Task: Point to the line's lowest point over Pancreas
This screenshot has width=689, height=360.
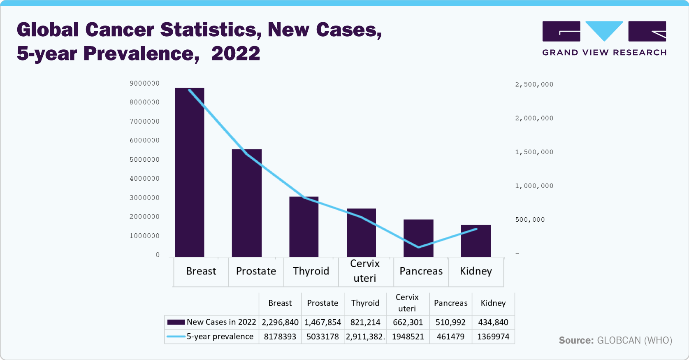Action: click(419, 247)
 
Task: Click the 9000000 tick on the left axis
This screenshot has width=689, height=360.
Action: click(144, 84)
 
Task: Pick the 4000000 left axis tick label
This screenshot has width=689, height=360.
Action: click(144, 179)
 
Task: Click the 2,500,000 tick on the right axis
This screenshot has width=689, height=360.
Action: click(534, 84)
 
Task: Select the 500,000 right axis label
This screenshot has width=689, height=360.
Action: click(530, 220)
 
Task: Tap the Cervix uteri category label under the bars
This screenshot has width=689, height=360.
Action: click(365, 271)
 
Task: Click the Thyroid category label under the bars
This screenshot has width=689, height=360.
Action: click(311, 271)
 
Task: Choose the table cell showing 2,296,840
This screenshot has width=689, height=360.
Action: click(280, 322)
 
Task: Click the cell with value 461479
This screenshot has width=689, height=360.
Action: click(450, 337)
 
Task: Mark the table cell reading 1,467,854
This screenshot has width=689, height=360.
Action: click(322, 322)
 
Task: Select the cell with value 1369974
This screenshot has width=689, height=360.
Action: click(493, 337)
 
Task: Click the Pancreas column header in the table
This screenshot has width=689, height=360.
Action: click(450, 303)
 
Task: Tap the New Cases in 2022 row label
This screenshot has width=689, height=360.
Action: click(221, 322)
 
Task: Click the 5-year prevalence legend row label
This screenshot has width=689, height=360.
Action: click(220, 337)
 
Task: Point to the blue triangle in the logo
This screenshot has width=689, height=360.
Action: click(604, 30)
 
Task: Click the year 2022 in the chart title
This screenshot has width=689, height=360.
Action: click(236, 53)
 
